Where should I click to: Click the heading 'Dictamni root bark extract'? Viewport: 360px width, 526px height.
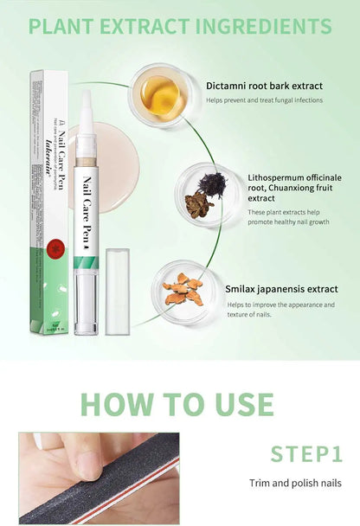pos(264,85)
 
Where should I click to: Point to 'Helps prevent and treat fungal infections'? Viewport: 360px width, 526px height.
pos(264,100)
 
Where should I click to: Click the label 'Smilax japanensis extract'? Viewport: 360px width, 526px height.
pos(282,289)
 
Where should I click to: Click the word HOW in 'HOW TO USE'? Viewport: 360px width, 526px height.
pos(120,404)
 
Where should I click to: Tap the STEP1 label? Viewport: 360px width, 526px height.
pos(305,454)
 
